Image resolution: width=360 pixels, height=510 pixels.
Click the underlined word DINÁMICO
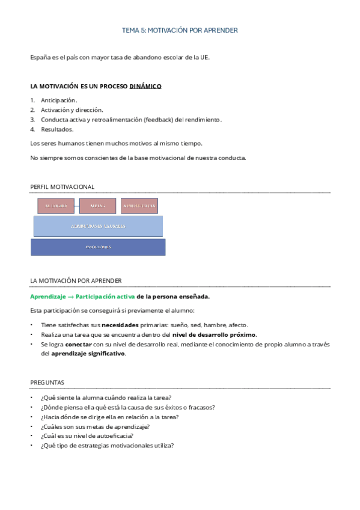point(145,86)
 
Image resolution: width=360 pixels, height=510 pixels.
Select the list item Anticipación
point(59,100)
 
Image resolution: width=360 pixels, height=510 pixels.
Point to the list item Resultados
point(57,129)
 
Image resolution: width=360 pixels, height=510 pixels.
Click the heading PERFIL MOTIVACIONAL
point(62,187)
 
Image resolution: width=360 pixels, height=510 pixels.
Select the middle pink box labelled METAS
point(97,206)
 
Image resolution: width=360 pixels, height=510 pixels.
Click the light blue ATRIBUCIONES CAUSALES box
point(98,226)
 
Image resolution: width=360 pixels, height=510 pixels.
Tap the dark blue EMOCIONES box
point(97,247)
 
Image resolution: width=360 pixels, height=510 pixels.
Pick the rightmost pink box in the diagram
point(139,206)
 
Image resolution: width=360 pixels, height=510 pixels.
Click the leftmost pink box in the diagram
point(56,206)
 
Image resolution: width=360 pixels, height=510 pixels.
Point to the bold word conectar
point(79,344)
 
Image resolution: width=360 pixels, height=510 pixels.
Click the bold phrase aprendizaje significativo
point(88,354)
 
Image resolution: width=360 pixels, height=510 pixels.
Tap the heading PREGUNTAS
point(47,382)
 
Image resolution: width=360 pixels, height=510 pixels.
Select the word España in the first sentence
point(40,57)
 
